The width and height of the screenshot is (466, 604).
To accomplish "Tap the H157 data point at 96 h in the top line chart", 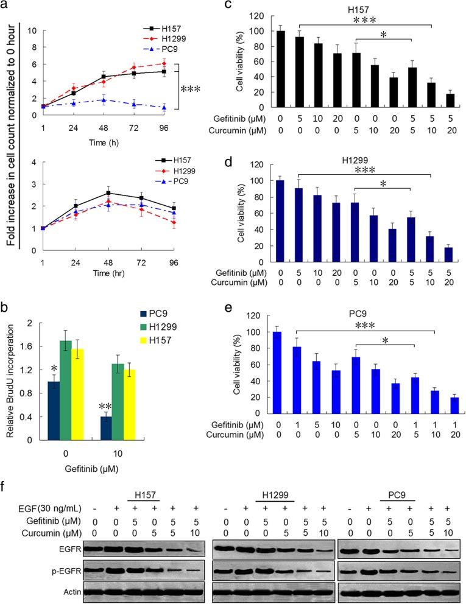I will pos(163,71).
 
